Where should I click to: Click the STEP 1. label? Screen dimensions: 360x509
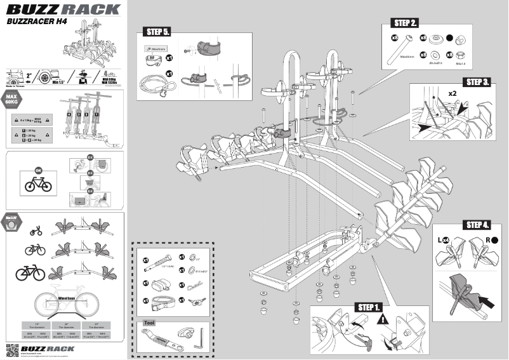pyautogui.click(x=369, y=307)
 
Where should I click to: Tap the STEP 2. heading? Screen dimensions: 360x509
pyautogui.click(x=406, y=23)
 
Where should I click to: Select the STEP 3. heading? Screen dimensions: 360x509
pyautogui.click(x=477, y=83)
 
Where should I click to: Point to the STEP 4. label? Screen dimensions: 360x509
pyautogui.click(x=477, y=225)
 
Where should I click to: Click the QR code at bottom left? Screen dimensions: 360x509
pyautogui.click(x=12, y=349)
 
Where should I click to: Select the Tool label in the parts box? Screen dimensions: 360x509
pyautogui.click(x=150, y=323)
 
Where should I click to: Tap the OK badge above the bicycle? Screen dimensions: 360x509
pyautogui.click(x=37, y=171)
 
